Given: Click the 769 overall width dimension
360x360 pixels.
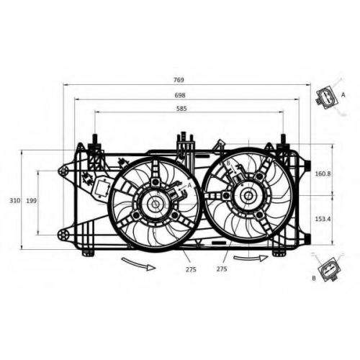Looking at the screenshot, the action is click(x=179, y=80).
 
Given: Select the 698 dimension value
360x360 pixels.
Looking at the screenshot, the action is click(x=180, y=95).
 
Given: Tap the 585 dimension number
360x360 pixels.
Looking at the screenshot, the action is click(x=181, y=109).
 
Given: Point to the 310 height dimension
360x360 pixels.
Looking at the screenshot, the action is click(x=15, y=200).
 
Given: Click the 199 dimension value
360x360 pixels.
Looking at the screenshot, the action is click(x=31, y=200).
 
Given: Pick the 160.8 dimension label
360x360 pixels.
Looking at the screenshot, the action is click(x=323, y=174).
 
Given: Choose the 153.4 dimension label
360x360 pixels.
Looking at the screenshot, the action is click(x=323, y=219).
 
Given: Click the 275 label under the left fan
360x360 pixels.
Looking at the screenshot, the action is click(x=191, y=269).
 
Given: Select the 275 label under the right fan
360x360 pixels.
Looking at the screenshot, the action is click(x=222, y=269).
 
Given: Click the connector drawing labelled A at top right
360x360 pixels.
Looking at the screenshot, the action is click(x=327, y=99).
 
